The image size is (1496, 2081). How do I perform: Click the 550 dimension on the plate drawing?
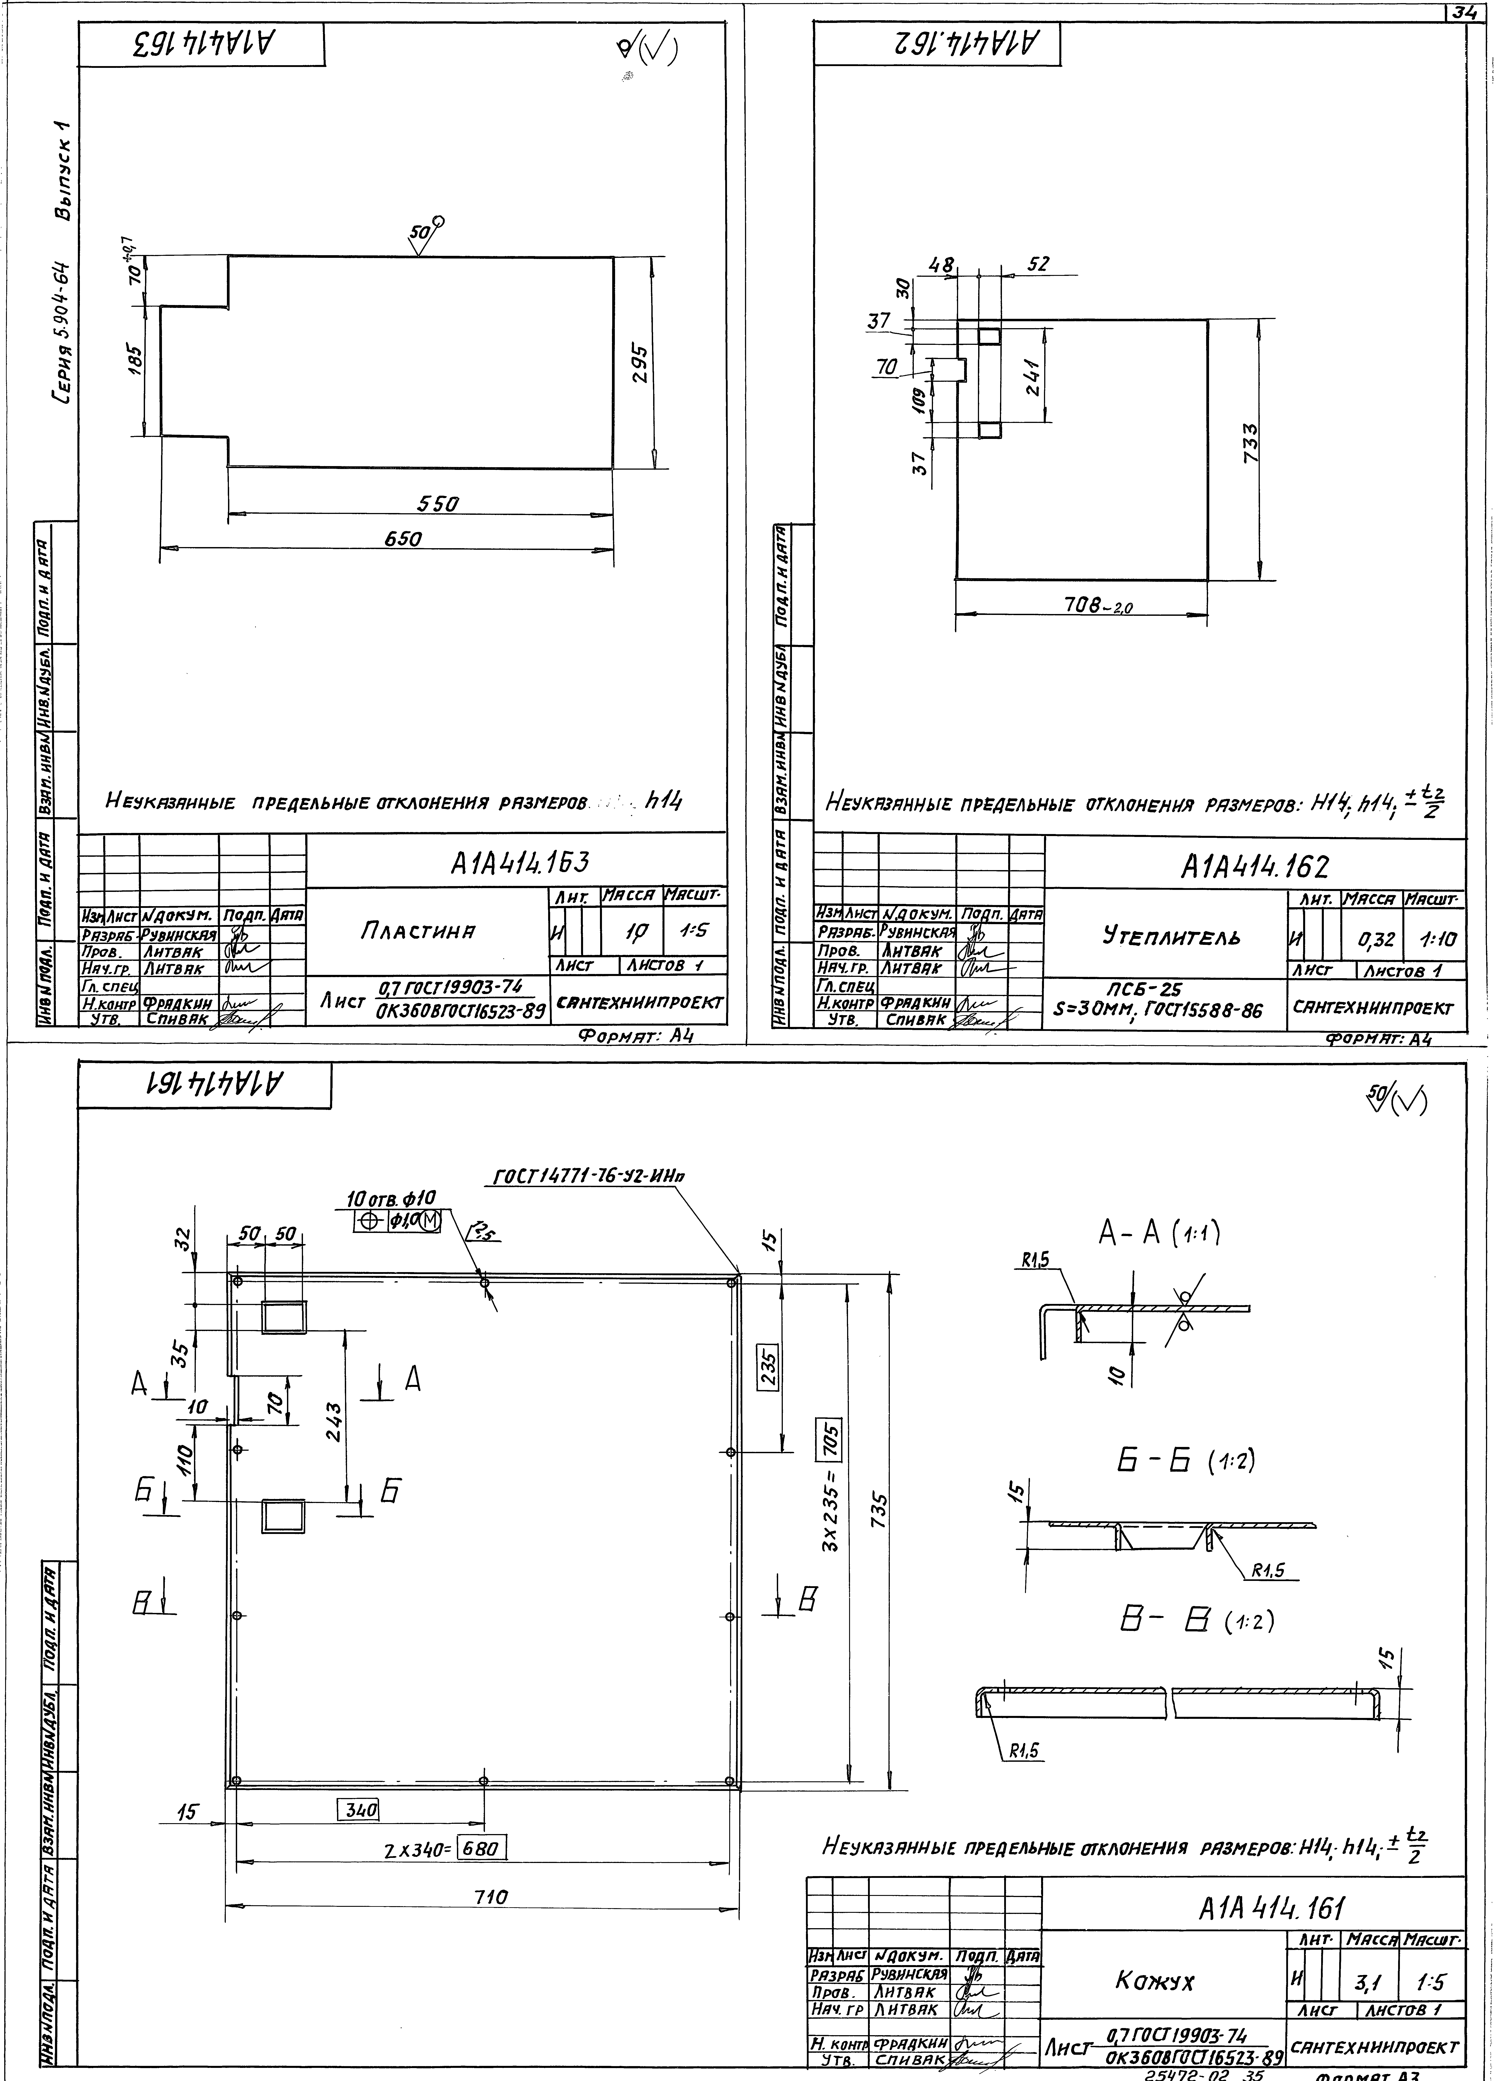(x=438, y=504)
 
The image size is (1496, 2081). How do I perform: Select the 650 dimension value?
(x=403, y=539)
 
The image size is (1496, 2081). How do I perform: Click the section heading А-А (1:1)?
(x=1159, y=1234)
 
